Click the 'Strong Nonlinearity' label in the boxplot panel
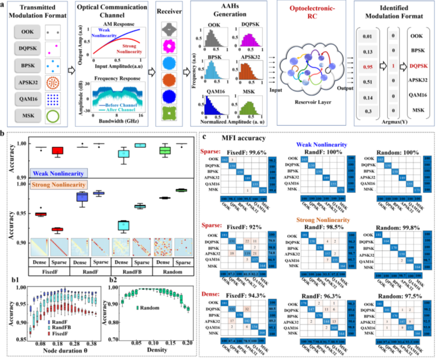tap(56, 185)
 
